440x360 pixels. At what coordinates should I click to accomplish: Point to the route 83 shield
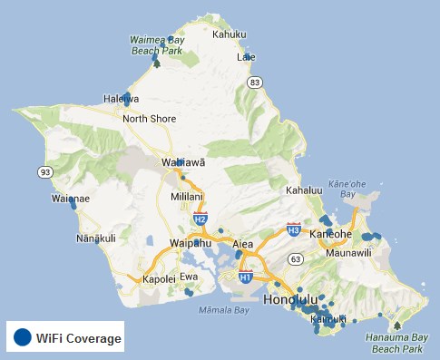pyautogui.click(x=255, y=83)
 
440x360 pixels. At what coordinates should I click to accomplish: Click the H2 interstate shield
pyautogui.click(x=200, y=219)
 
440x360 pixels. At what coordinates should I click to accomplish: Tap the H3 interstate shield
pyautogui.click(x=293, y=229)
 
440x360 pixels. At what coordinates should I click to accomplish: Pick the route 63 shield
pyautogui.click(x=296, y=259)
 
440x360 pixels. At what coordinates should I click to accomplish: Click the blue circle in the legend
pyautogui.click(x=22, y=338)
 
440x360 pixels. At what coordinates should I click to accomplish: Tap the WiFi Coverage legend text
pyautogui.click(x=78, y=338)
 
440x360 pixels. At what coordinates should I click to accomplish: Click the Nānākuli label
pyautogui.click(x=96, y=238)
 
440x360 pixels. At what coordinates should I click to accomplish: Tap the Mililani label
pyautogui.click(x=188, y=197)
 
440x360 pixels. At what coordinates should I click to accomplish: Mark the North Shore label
pyautogui.click(x=150, y=118)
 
